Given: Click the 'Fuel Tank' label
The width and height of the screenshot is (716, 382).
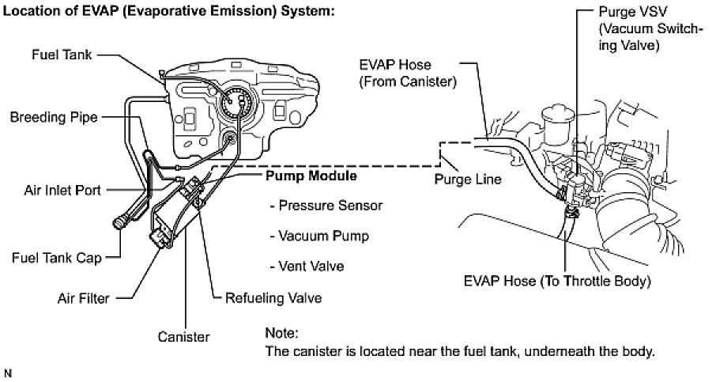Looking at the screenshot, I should pyautogui.click(x=61, y=55).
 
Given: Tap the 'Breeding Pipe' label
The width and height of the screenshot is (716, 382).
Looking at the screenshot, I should pyautogui.click(x=54, y=117).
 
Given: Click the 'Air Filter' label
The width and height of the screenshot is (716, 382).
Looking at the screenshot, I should pyautogui.click(x=83, y=298).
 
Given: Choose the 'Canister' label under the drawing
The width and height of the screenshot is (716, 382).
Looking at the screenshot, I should pyautogui.click(x=183, y=336).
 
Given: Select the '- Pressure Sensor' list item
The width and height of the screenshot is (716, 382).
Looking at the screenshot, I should pyautogui.click(x=326, y=205).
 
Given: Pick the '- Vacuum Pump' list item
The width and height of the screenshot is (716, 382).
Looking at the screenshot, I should pyautogui.click(x=319, y=235).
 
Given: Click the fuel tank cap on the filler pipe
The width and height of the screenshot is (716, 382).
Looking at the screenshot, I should pyautogui.click(x=122, y=224).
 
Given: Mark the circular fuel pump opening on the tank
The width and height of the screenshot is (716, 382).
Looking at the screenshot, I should pyautogui.click(x=236, y=103).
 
